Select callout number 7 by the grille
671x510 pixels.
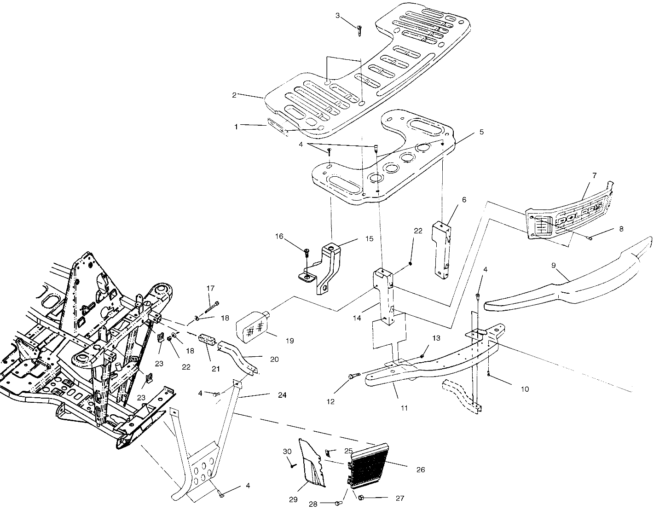click(594, 175)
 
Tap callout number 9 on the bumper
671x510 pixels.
click(554, 266)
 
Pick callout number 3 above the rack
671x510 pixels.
click(337, 16)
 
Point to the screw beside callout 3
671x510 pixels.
click(359, 30)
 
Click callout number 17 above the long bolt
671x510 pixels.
click(210, 289)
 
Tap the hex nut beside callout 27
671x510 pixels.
click(361, 497)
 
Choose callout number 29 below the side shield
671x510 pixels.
click(294, 499)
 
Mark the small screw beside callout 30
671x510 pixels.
click(292, 465)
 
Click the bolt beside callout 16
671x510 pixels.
click(306, 252)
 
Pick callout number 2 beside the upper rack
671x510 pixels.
click(234, 95)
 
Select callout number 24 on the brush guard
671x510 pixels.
click(282, 395)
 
